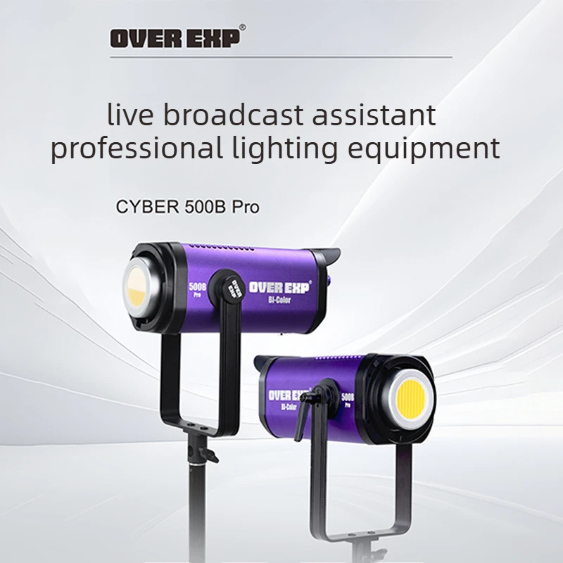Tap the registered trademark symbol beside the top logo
pos(243,27)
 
